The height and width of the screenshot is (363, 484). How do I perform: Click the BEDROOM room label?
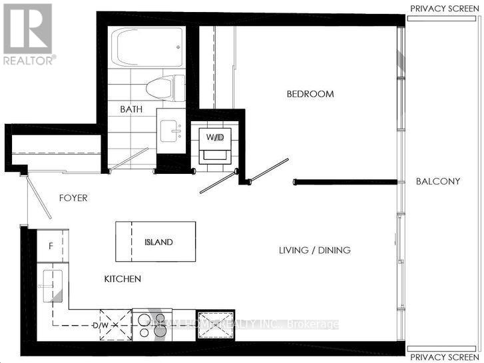310,94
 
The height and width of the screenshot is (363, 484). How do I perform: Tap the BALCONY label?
437,181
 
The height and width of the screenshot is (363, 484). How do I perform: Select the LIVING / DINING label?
314,250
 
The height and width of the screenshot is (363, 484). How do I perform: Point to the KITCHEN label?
122,279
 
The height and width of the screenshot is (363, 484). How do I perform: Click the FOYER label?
73,198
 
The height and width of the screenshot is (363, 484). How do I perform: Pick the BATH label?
130,109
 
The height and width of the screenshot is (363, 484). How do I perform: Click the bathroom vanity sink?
174,131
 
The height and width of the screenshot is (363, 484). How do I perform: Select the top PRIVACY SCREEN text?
444,8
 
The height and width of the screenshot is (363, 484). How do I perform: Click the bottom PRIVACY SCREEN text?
444,356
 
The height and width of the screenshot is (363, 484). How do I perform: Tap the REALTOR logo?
28,33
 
